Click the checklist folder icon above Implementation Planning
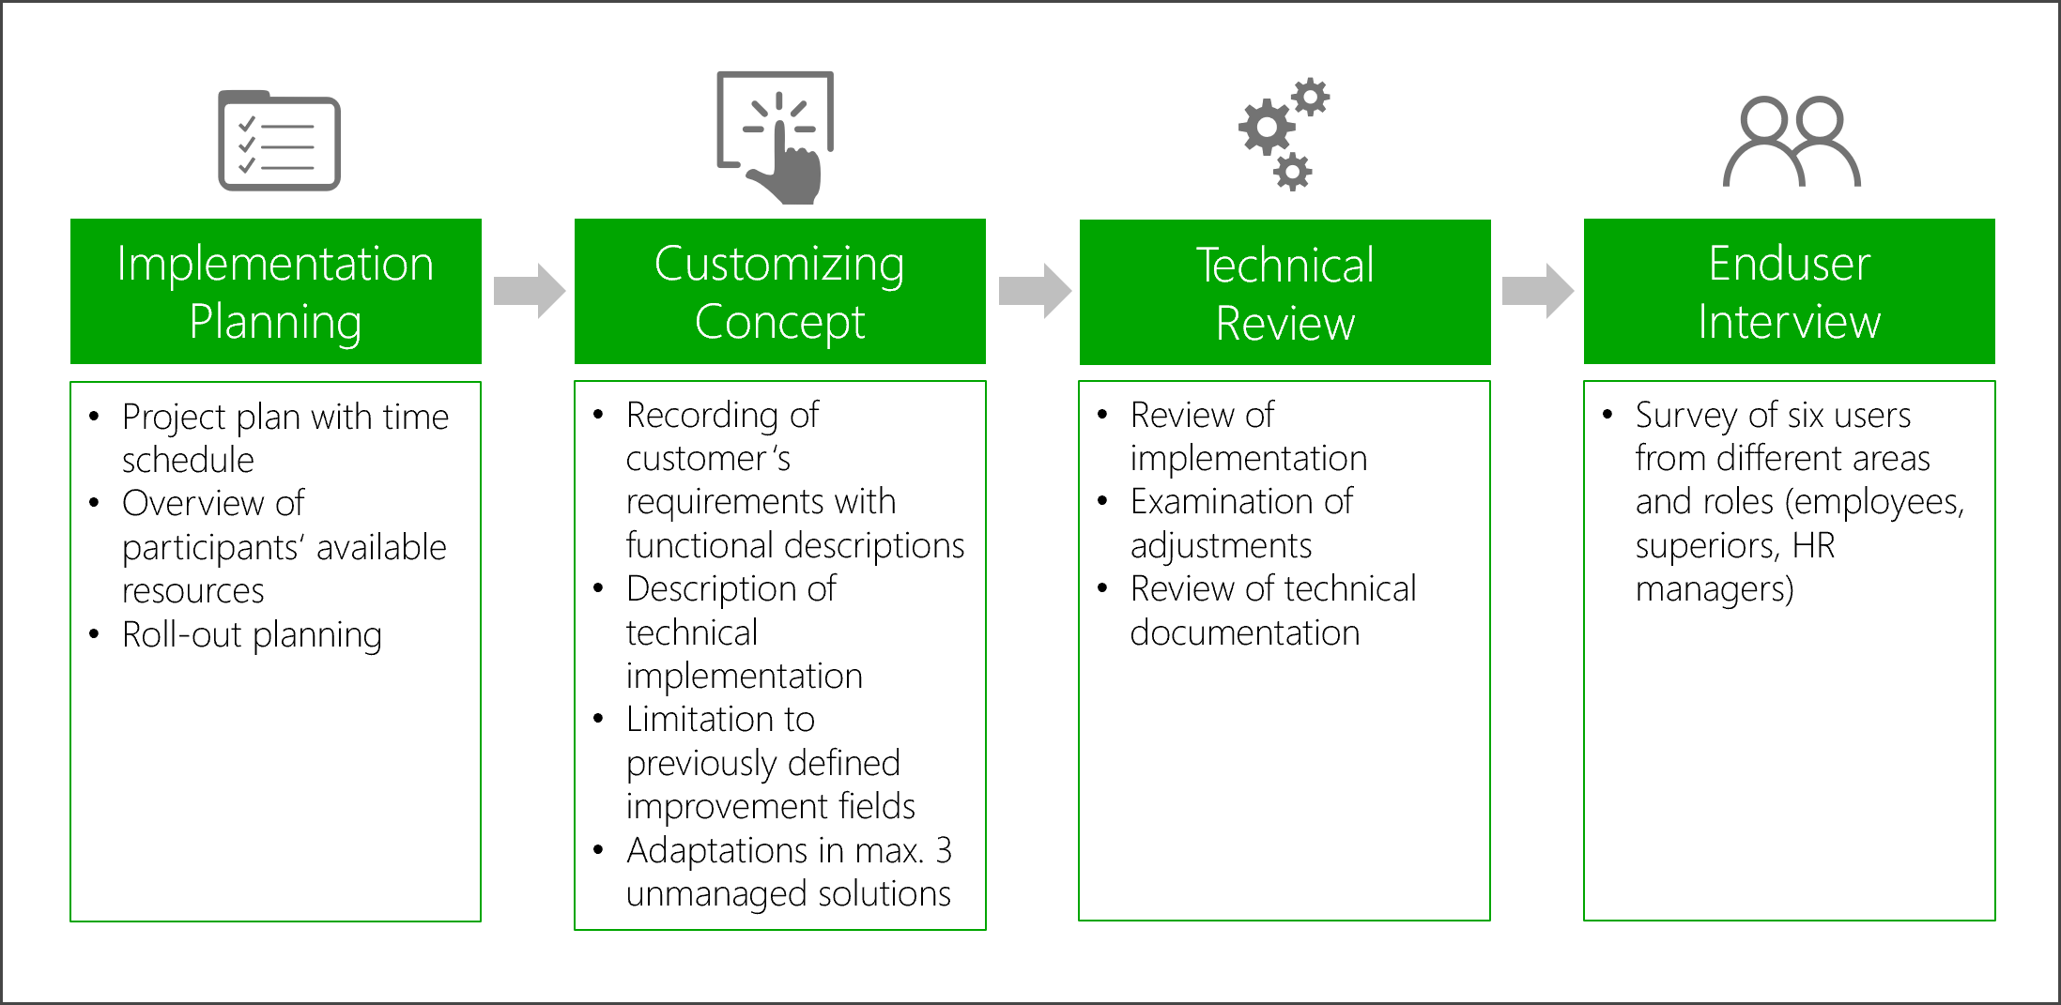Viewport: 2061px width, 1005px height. tap(279, 141)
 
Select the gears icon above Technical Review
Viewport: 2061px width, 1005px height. tap(1283, 134)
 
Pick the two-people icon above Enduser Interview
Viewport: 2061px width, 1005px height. tap(1791, 142)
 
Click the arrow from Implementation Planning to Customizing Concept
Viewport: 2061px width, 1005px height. tap(529, 291)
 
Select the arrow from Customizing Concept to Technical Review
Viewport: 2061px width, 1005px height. tap(1034, 291)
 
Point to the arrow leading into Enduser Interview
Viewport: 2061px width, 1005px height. tap(1537, 291)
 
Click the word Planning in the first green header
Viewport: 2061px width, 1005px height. tap(275, 322)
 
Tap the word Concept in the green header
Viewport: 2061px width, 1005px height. tap(779, 322)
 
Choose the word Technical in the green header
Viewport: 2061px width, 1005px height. tap(1284, 265)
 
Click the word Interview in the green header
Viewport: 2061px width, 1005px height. tap(1789, 322)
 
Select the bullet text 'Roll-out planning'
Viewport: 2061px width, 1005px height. tap(252, 635)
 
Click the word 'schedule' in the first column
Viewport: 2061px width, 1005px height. tap(188, 460)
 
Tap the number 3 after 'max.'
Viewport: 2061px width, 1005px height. tap(943, 850)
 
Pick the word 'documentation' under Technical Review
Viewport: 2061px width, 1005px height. tap(1244, 633)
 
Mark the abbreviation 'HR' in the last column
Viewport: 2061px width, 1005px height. tap(1813, 545)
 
